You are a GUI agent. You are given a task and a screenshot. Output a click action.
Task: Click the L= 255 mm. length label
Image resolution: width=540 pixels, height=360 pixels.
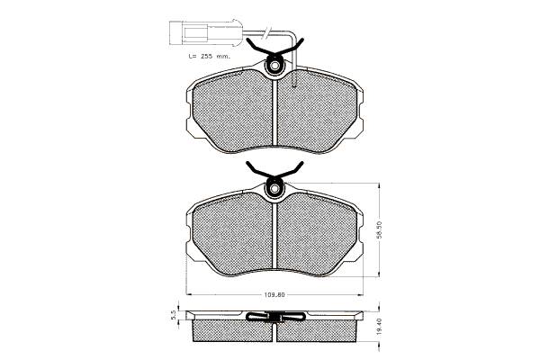210,56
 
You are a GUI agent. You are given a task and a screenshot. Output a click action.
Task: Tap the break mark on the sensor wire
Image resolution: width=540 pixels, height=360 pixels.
267,33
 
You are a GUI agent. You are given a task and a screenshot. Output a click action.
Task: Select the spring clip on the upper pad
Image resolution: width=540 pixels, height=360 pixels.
274,49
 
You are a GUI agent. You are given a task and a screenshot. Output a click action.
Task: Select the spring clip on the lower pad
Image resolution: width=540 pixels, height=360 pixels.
274,171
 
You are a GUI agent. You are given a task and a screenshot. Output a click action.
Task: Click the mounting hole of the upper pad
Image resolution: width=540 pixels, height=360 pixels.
274,66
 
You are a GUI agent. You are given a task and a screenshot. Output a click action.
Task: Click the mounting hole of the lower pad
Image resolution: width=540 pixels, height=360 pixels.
274,189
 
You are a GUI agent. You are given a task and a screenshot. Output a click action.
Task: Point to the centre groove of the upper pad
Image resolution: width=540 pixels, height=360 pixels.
274,112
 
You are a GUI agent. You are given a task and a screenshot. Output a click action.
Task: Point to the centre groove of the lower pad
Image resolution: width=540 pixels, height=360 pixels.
274,235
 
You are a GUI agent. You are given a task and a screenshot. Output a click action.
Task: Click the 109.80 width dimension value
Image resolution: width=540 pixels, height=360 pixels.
274,295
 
